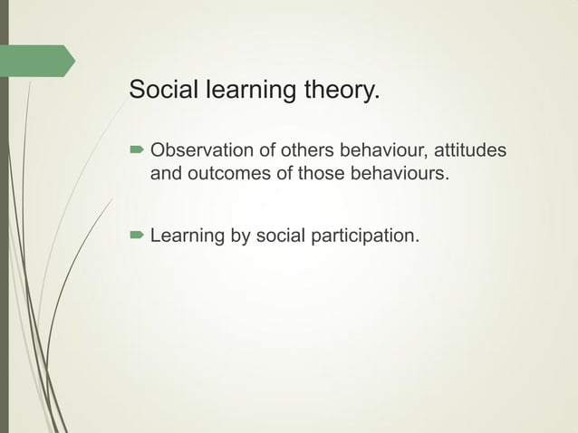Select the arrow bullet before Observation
click(x=136, y=149)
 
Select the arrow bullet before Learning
click(x=136, y=236)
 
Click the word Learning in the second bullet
click(x=187, y=236)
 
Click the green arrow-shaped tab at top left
click(x=40, y=60)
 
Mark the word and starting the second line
click(x=165, y=172)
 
